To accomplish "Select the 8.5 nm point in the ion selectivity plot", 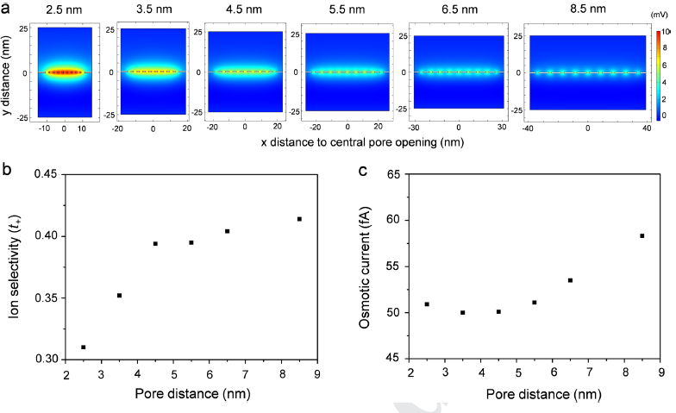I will coord(299,219).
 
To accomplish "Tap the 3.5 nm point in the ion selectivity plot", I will coord(120,296).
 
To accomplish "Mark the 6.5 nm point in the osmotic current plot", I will coord(571,280).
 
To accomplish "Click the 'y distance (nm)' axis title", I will coord(10,71).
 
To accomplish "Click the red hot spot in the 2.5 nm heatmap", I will coord(64,72).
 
